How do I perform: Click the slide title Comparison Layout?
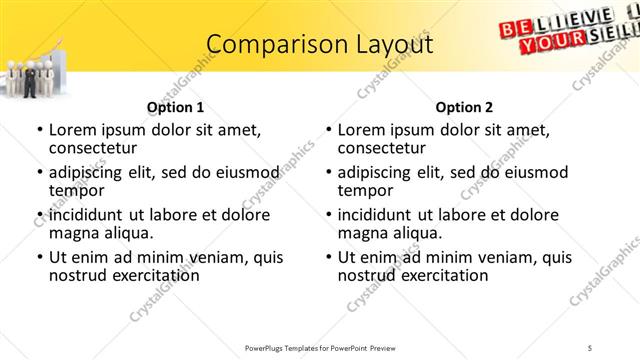(x=320, y=45)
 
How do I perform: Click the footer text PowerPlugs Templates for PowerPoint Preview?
(x=320, y=348)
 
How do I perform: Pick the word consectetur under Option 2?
(x=383, y=148)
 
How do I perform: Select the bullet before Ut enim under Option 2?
(x=328, y=257)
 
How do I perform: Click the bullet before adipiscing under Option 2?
(x=328, y=172)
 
